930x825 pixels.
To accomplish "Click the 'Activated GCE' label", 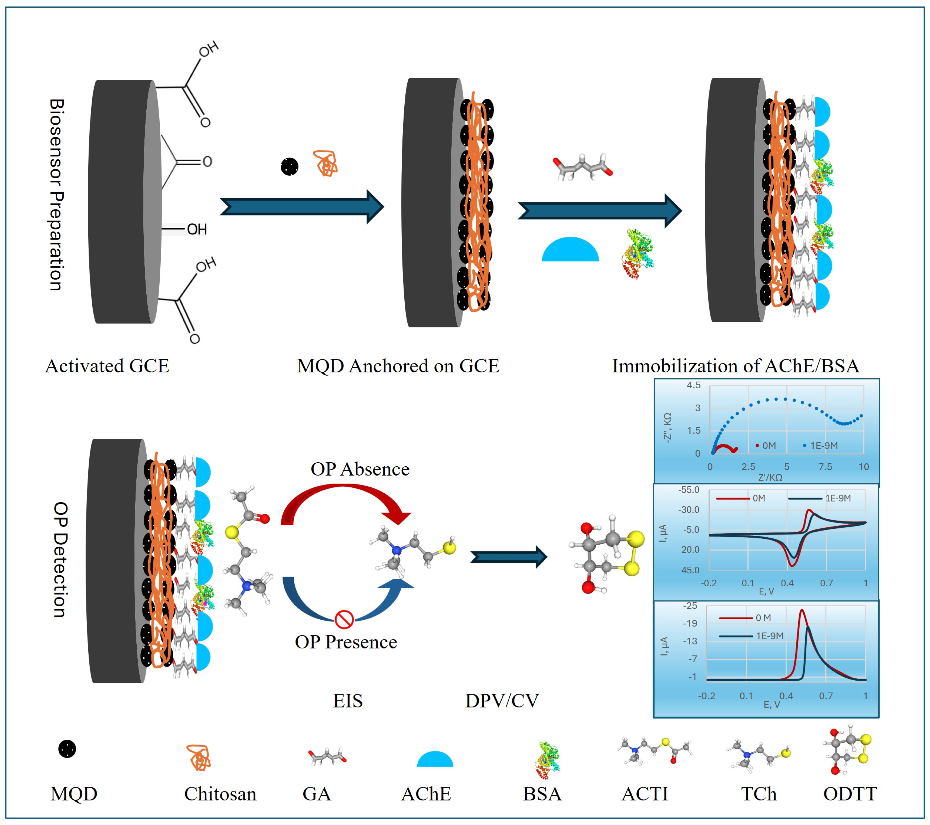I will click(x=107, y=366).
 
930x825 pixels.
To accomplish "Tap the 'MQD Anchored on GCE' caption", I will click(x=398, y=366).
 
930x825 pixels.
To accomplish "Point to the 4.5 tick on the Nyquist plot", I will click(x=694, y=385).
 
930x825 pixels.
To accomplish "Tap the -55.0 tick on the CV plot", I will click(x=689, y=490).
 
